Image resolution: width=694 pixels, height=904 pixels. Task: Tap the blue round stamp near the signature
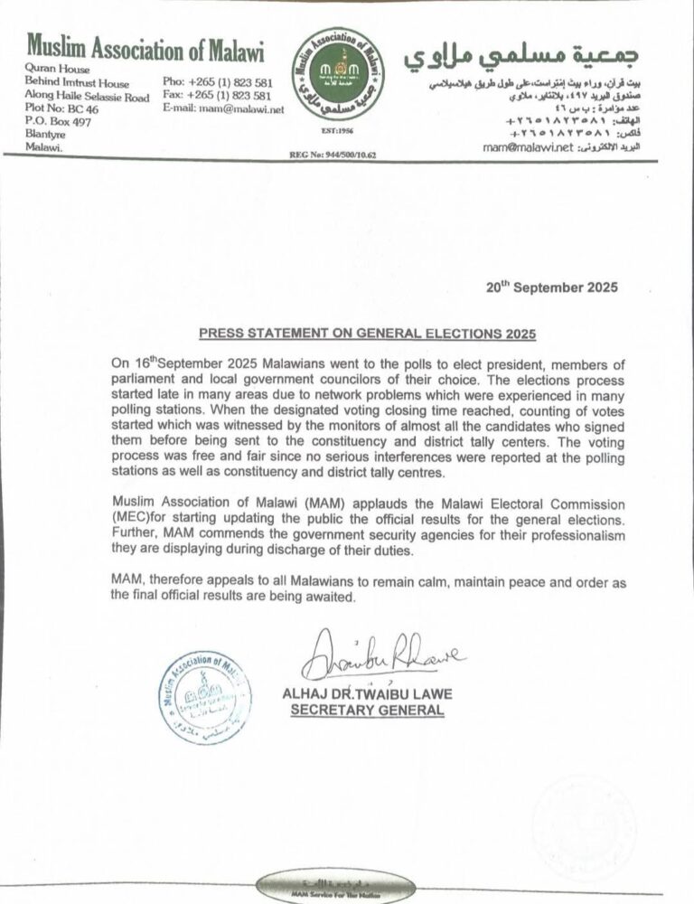pyautogui.click(x=205, y=696)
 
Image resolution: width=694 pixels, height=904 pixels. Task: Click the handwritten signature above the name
pyautogui.click(x=383, y=656)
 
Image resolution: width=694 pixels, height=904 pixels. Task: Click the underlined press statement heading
pyautogui.click(x=367, y=334)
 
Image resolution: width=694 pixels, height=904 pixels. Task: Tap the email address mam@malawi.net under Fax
pyautogui.click(x=224, y=108)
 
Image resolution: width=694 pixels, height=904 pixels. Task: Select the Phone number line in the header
pyautogui.click(x=217, y=81)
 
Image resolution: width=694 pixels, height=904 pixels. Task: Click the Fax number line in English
pyautogui.click(x=217, y=95)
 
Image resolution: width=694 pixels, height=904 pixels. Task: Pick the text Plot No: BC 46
pyautogui.click(x=63, y=109)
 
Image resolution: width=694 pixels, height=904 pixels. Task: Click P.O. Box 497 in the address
pyautogui.click(x=59, y=122)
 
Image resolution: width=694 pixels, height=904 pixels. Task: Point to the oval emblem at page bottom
pyautogui.click(x=336, y=888)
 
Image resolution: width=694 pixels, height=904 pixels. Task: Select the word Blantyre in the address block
pyautogui.click(x=46, y=135)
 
